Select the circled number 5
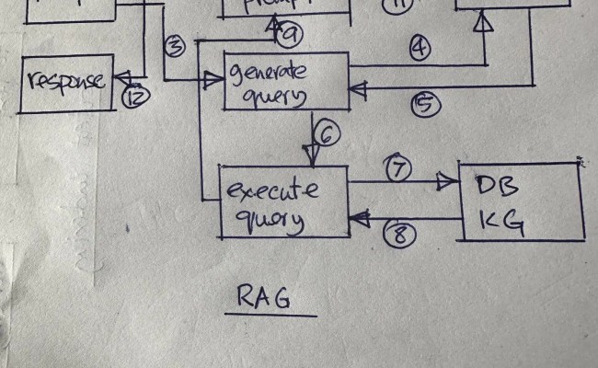tap(424, 105)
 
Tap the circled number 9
tap(291, 35)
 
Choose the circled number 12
tap(135, 95)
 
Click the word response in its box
tap(65, 80)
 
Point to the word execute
tap(272, 191)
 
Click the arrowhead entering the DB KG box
tap(450, 183)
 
